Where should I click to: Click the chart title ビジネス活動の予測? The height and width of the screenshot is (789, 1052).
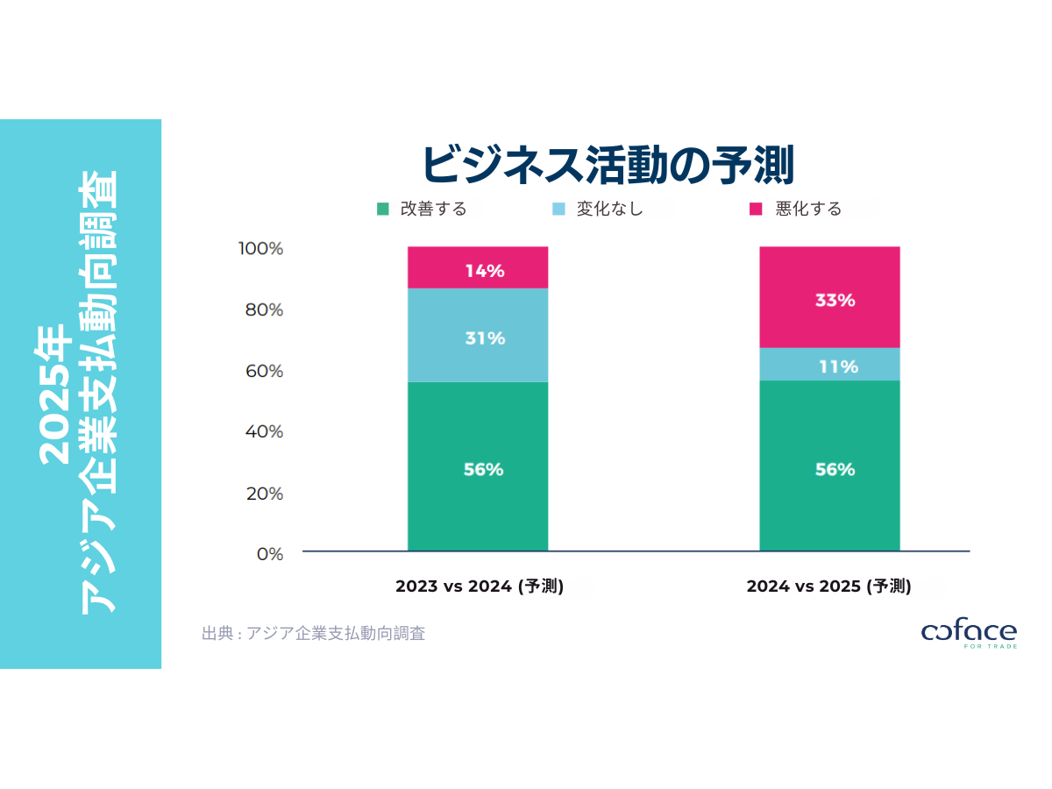click(x=608, y=164)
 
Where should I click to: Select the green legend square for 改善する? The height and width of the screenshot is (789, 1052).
click(x=382, y=209)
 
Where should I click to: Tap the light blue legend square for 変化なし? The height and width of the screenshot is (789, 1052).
click(x=558, y=209)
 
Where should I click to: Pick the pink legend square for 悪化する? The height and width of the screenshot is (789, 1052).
click(x=756, y=209)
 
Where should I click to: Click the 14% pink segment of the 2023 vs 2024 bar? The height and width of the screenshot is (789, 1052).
click(x=478, y=267)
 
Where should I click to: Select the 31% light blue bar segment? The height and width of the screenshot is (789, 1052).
click(x=478, y=336)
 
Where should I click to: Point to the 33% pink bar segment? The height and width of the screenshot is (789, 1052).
click(x=829, y=298)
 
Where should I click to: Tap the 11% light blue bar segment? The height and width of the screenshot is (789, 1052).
click(x=829, y=365)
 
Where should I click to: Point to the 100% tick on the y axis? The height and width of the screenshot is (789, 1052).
click(x=260, y=249)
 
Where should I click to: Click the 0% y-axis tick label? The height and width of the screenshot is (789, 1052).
click(x=268, y=554)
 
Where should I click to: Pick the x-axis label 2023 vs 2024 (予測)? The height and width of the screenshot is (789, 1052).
click(x=479, y=586)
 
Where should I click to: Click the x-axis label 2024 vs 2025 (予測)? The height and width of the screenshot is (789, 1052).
click(x=829, y=586)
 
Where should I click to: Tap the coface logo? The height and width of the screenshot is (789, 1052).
click(x=969, y=634)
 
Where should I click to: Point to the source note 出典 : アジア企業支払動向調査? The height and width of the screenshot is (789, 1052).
click(x=313, y=633)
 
